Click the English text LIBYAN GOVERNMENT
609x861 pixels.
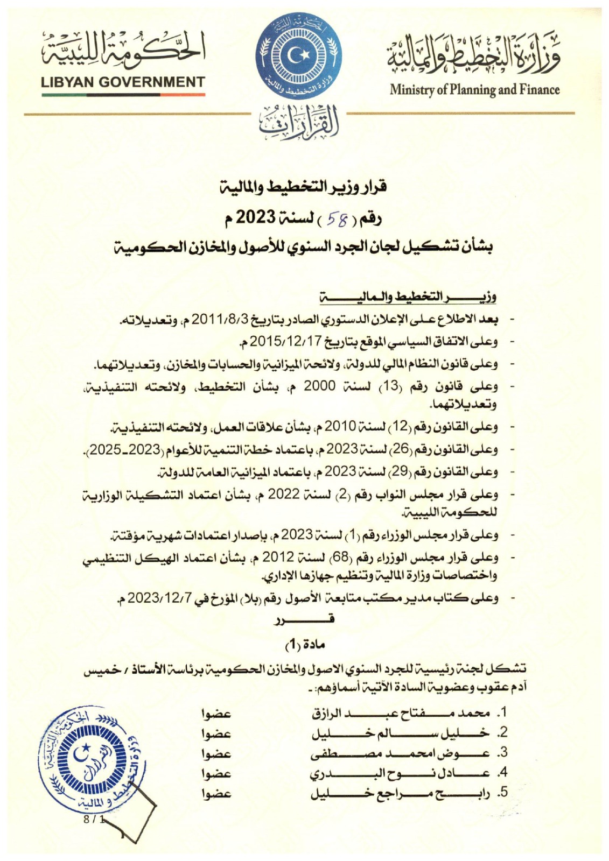[123, 82]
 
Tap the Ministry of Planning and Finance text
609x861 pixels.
[474, 89]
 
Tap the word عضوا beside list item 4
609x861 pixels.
[216, 773]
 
